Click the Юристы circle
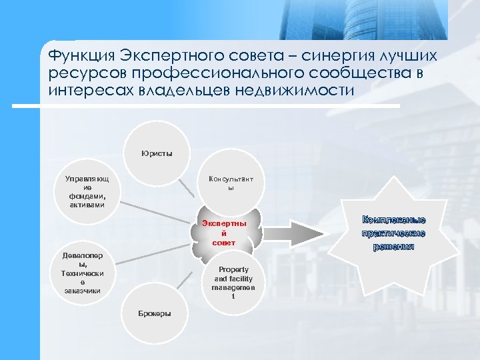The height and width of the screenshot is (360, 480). [x=157, y=153]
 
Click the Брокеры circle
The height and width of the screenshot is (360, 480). [x=154, y=313]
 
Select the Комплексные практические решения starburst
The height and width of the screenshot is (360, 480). [x=393, y=233]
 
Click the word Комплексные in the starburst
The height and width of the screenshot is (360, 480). [x=393, y=219]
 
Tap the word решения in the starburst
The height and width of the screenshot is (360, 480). [x=393, y=246]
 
